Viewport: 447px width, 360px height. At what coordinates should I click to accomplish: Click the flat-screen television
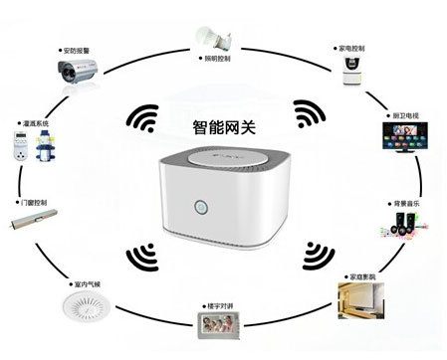click(401, 139)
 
